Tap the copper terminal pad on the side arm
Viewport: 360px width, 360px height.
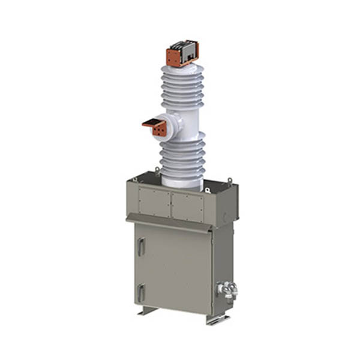point(158,128)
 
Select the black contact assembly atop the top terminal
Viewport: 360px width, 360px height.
point(182,46)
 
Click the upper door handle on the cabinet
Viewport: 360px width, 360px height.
point(140,247)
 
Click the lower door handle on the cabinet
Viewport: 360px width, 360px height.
point(140,293)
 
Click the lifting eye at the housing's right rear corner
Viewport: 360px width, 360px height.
point(230,179)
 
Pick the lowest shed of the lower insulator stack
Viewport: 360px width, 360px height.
point(182,170)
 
